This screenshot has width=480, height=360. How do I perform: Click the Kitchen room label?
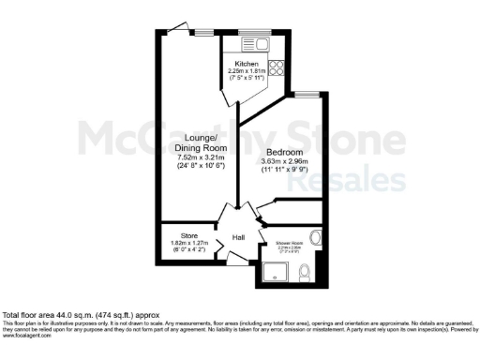247,64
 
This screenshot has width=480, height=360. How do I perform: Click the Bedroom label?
283,152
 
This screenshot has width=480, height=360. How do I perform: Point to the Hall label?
239,237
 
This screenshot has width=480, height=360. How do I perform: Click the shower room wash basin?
318,235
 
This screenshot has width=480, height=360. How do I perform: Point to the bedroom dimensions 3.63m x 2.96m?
283,161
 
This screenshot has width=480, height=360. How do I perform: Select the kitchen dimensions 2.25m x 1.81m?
247,72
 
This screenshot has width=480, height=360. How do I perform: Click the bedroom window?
305,94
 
